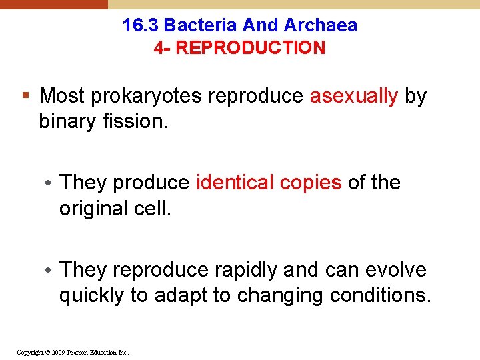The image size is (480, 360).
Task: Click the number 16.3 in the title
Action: point(141,25)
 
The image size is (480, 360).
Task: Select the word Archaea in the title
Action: point(321,25)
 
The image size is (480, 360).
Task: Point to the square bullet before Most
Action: point(26,96)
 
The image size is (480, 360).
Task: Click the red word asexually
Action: point(354,96)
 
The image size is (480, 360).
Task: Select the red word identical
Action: point(235,183)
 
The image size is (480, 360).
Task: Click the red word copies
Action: point(311,183)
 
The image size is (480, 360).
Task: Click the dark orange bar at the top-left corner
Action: point(53,4)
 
